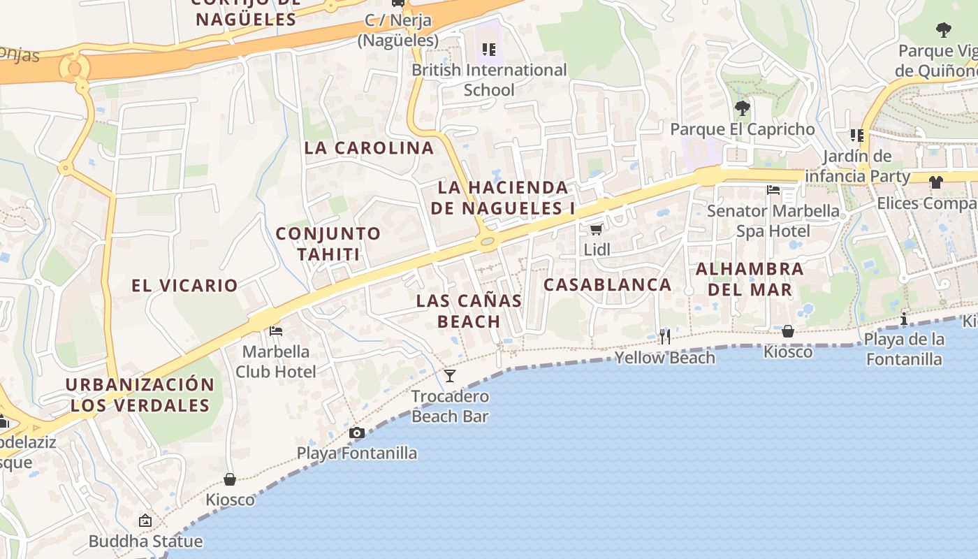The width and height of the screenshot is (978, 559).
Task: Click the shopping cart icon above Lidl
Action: (x=596, y=230)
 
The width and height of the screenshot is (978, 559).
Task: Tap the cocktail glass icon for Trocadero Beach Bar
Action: (x=450, y=376)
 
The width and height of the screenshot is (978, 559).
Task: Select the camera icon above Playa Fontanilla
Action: (x=357, y=433)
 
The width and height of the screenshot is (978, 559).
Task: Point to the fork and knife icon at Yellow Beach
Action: (x=664, y=337)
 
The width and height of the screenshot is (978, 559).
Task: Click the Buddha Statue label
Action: (x=145, y=541)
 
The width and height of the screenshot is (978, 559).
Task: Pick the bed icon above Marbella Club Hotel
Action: (x=276, y=331)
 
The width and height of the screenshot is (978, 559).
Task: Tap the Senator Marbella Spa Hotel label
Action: (x=773, y=221)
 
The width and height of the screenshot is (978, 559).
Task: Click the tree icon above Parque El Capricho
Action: (x=742, y=108)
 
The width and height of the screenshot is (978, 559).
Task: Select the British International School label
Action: (x=489, y=80)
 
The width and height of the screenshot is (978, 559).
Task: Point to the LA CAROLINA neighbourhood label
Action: (x=370, y=148)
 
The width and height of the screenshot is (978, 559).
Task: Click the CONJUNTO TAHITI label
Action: (x=328, y=243)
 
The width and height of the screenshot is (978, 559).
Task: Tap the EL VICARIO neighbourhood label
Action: (x=185, y=285)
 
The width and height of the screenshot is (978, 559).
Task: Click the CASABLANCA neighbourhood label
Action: (x=608, y=284)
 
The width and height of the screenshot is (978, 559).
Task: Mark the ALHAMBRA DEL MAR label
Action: (x=750, y=279)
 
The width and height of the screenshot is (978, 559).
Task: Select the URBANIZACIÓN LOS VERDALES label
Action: (x=140, y=395)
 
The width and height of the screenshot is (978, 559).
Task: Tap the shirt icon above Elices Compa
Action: (x=935, y=182)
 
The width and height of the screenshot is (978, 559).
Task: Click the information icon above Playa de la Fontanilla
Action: (x=904, y=319)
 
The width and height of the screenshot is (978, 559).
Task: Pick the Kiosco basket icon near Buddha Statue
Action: (x=230, y=479)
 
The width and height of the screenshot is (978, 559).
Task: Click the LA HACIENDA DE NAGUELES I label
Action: (x=503, y=198)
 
